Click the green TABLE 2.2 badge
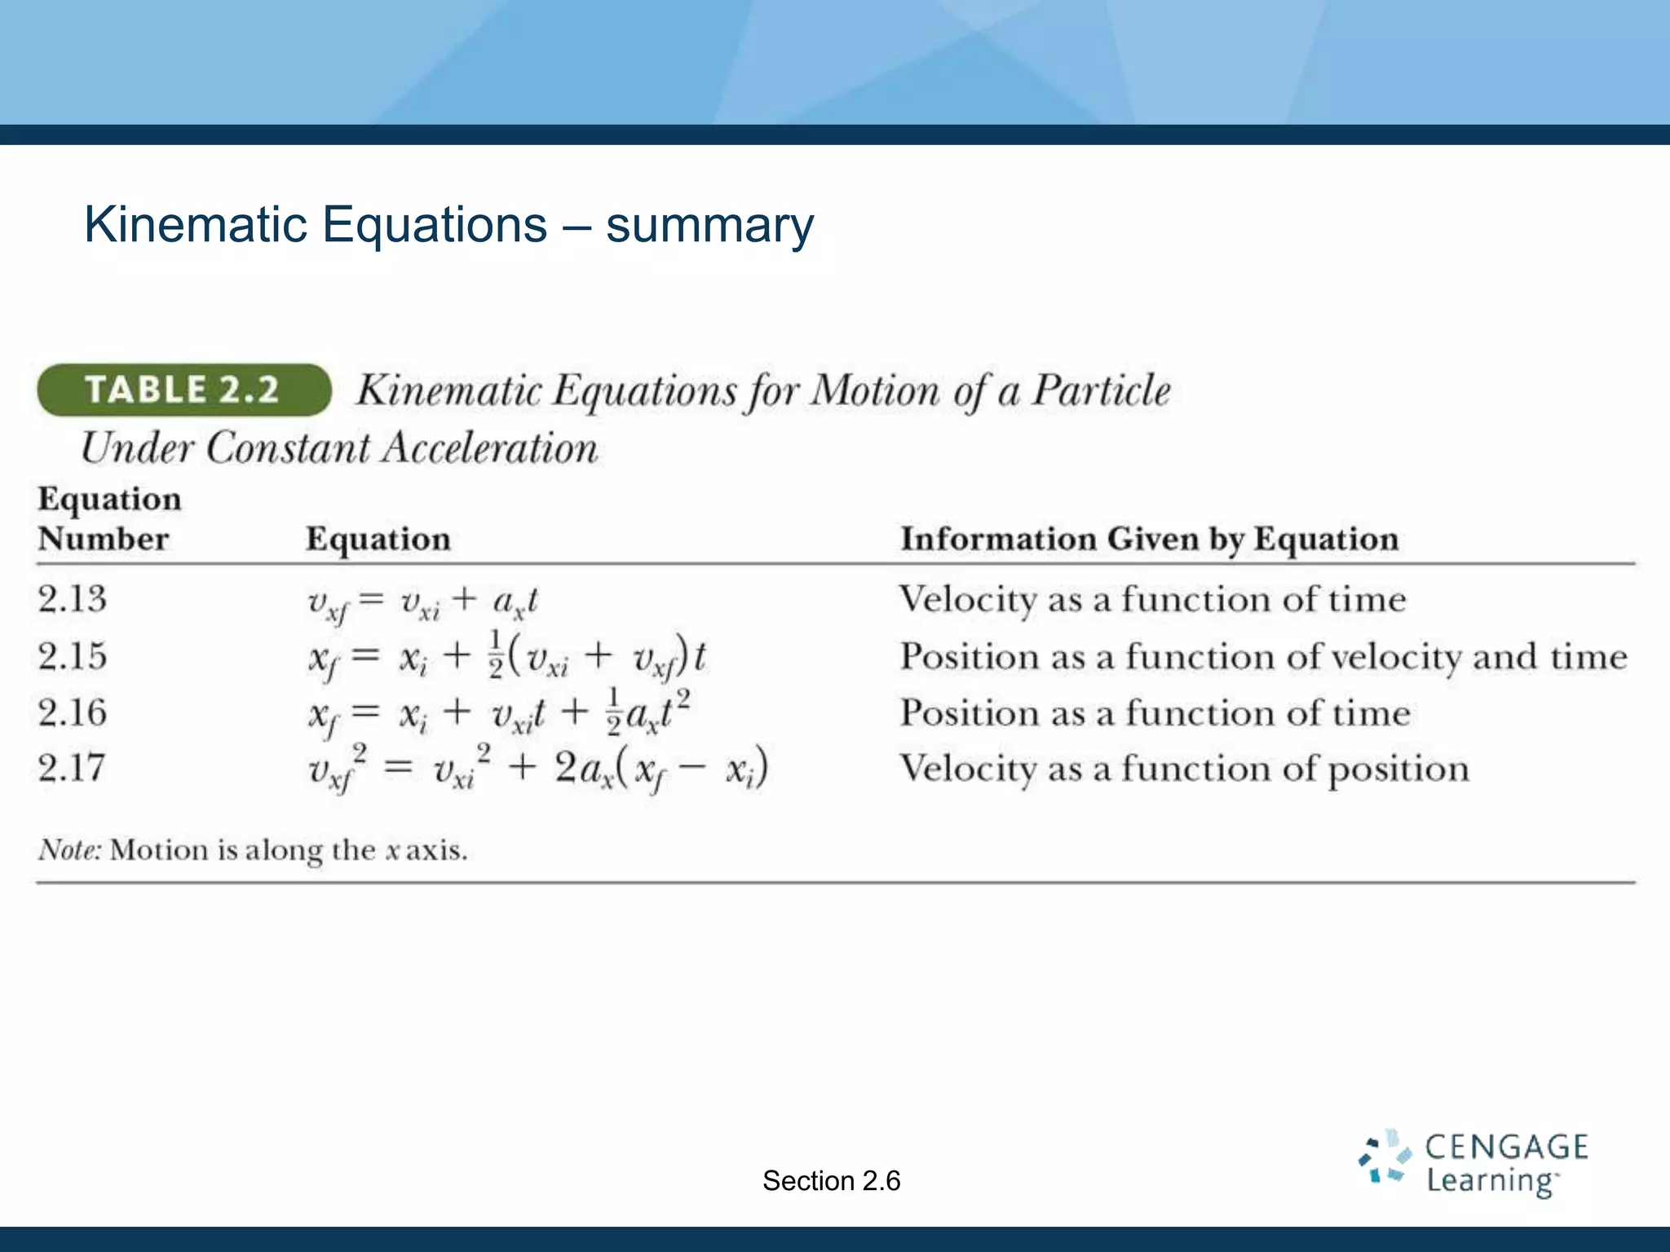click(x=184, y=390)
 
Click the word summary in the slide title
click(x=709, y=226)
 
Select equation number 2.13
click(x=73, y=599)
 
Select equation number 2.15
click(x=73, y=656)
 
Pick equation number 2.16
click(x=73, y=712)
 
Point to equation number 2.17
click(x=73, y=768)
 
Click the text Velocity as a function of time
click(x=1152, y=600)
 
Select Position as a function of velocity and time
click(x=1263, y=657)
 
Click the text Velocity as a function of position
click(x=1184, y=769)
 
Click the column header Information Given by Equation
click(x=1149, y=539)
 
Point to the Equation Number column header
click(x=109, y=518)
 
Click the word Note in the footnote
click(x=68, y=850)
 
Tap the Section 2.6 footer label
click(x=831, y=1180)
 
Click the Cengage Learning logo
click(x=1473, y=1163)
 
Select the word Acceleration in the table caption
click(x=490, y=448)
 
